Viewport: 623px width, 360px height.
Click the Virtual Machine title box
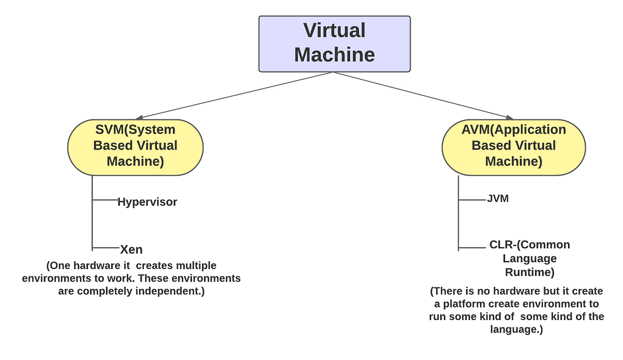coord(334,44)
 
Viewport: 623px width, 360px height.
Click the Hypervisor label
coord(147,202)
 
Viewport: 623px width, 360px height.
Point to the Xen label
coord(131,249)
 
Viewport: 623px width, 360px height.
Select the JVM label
coord(498,198)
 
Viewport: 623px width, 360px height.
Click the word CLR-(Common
coord(530,245)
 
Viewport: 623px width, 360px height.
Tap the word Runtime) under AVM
coord(530,272)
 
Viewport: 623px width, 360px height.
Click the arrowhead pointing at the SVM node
coord(139,118)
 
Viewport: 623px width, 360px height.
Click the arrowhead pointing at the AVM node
coord(510,117)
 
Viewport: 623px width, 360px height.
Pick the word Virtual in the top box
coord(334,31)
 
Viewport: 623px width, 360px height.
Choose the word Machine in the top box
coord(334,55)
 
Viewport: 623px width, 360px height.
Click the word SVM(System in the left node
coord(135,129)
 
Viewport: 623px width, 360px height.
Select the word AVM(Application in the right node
coord(513,130)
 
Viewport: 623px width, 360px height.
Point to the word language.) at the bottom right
coord(517,329)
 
